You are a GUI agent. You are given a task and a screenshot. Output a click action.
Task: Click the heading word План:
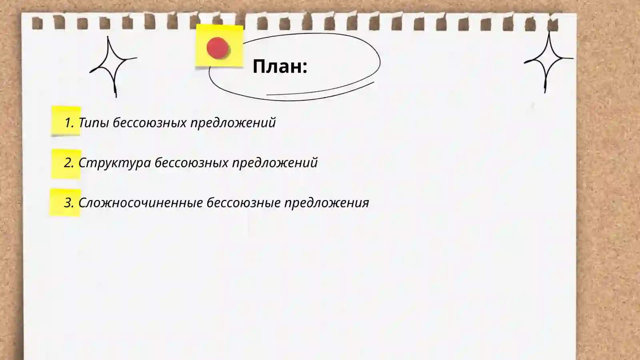(280, 66)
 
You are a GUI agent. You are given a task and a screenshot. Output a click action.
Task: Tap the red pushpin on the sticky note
(218, 48)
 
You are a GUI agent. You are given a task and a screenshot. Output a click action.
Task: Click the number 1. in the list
(69, 122)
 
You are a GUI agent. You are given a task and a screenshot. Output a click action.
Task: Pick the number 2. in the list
(69, 162)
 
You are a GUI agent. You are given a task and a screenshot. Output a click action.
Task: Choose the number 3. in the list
(69, 202)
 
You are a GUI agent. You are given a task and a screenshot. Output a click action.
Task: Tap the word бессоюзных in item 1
(150, 122)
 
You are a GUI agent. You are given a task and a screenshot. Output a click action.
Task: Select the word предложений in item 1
(233, 123)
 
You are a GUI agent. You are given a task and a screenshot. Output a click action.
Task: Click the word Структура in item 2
(114, 163)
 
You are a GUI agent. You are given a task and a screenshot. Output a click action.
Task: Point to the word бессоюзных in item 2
(191, 162)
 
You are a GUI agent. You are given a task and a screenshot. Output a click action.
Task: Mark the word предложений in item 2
(275, 163)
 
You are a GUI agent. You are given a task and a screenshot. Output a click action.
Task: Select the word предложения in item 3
(326, 203)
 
